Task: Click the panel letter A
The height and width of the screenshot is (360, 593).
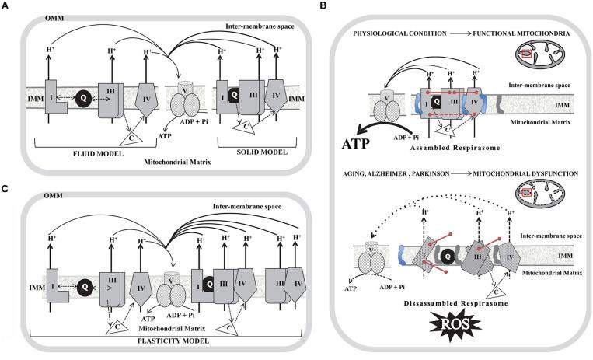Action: (x=6, y=7)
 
